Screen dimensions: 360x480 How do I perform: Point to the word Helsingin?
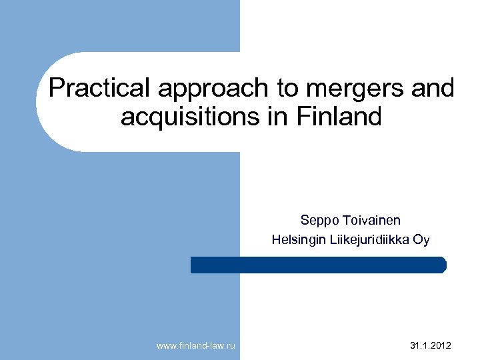[297, 239]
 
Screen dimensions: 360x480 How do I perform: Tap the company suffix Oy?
[421, 239]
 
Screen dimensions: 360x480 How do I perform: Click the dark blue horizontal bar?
[318, 265]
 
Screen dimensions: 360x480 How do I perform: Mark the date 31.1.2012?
[429, 345]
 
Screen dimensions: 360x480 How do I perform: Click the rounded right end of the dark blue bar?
[442, 265]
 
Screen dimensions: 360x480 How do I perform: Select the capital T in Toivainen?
[346, 221]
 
